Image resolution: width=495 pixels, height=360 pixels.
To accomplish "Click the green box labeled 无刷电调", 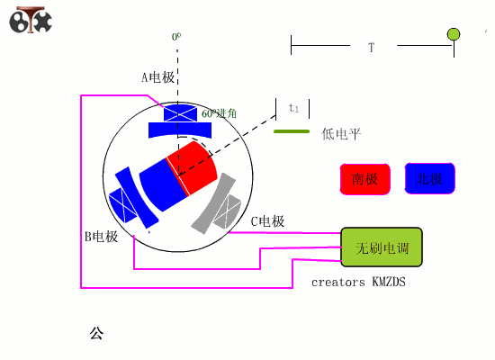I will [381, 247].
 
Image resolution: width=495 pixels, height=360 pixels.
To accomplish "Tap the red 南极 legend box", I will [364, 179].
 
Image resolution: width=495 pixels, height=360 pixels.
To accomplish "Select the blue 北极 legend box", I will [429, 179].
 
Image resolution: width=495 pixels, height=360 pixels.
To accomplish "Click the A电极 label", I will [157, 77].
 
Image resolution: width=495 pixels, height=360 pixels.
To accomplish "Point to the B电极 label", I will [101, 237].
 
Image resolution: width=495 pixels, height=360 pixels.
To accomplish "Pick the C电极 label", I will [267, 220].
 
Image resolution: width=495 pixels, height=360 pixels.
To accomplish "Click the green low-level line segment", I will [291, 132].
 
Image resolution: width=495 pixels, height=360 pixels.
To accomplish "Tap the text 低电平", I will [341, 134].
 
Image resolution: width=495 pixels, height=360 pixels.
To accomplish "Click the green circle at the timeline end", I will [454, 34].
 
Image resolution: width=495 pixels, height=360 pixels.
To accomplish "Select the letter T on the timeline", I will [371, 47].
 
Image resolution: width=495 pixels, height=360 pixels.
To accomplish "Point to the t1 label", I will [293, 108].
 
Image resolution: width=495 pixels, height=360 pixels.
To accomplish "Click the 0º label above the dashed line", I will [176, 37].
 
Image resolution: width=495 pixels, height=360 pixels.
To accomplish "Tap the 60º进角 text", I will [219, 113].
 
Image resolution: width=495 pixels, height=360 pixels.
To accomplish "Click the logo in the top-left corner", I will [30, 20].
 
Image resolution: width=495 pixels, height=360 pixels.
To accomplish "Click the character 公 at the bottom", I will [96, 333].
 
